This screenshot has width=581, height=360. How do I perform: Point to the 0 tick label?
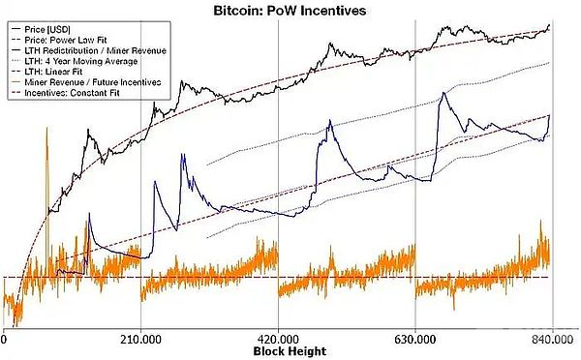(5, 339)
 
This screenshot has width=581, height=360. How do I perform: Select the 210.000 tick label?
(141, 339)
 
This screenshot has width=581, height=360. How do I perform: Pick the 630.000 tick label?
(415, 339)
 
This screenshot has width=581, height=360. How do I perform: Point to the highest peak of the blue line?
(443, 93)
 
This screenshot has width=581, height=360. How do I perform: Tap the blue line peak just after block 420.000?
(329, 121)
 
